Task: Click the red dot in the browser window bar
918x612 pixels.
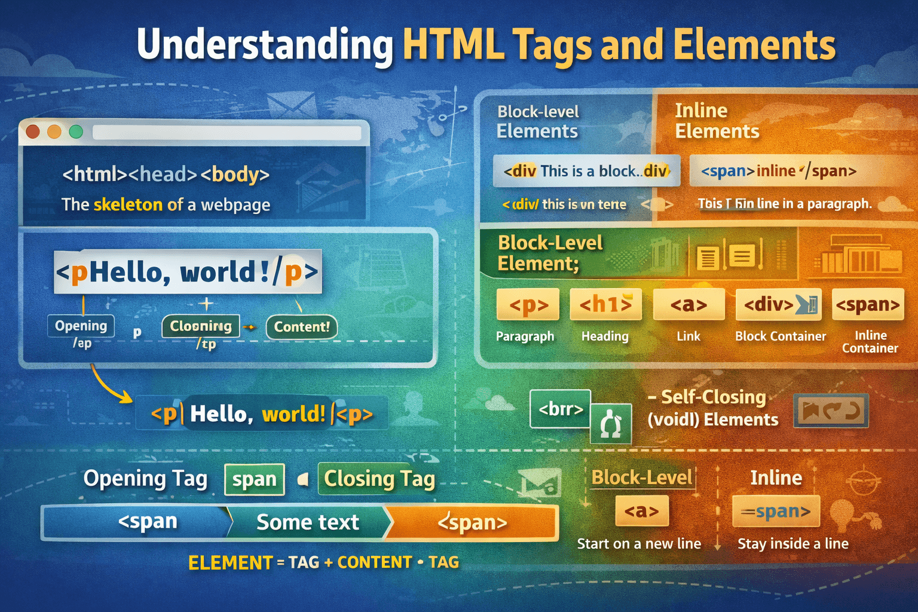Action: [33, 131]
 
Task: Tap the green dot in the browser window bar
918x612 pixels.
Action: [76, 131]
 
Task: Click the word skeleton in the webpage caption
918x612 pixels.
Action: [128, 205]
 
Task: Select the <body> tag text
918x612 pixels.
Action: [235, 175]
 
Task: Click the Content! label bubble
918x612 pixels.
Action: [302, 327]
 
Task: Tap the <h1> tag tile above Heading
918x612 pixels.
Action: [605, 305]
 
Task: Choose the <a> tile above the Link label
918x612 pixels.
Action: [688, 305]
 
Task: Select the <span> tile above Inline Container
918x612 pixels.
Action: [868, 305]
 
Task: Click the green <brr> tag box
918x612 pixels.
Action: [561, 409]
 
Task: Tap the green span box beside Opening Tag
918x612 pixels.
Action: [255, 479]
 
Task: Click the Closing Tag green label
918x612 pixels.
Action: [379, 479]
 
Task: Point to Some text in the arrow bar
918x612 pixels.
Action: [308, 523]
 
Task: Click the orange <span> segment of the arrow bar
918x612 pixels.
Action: [472, 523]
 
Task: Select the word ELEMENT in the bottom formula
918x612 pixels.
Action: [230, 563]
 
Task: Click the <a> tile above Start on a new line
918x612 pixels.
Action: [642, 512]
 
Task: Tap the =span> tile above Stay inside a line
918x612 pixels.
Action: [776, 512]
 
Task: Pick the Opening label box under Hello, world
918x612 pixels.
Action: [81, 326]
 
